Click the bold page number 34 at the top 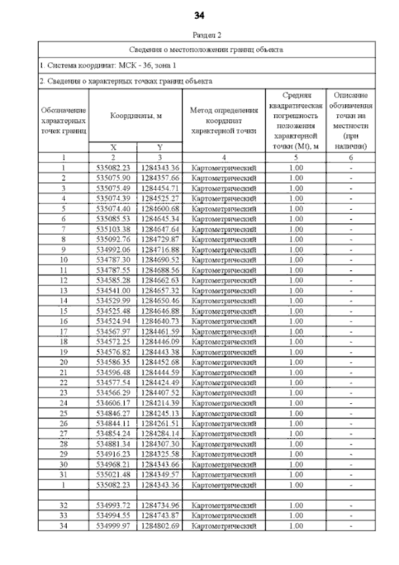click(x=199, y=15)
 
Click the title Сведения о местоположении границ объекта click(x=206, y=49)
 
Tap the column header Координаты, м click(x=136, y=115)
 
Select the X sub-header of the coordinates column click(x=113, y=147)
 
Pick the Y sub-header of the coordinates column click(x=160, y=147)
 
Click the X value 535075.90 click(x=113, y=178)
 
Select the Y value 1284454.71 click(x=160, y=188)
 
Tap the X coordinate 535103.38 click(x=113, y=229)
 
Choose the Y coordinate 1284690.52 click(x=160, y=260)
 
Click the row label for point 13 click(x=64, y=290)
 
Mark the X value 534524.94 click(x=113, y=321)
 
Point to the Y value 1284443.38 click(x=160, y=351)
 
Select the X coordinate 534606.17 click(x=113, y=403)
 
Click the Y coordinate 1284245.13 click(x=160, y=413)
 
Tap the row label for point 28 click(x=64, y=443)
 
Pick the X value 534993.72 click(x=113, y=504)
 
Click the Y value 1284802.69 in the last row click(x=160, y=525)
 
